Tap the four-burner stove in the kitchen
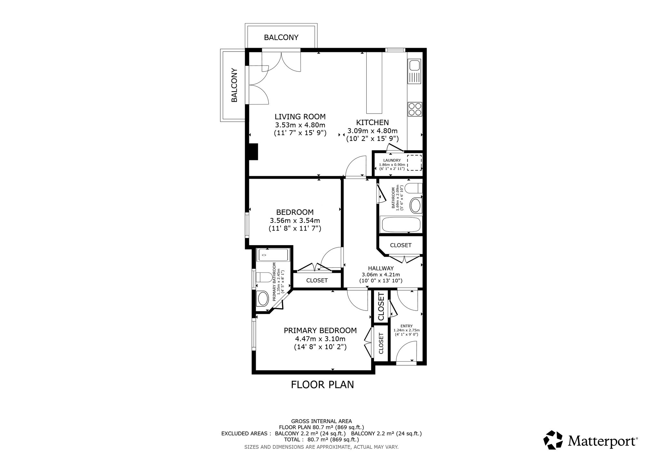point(415,109)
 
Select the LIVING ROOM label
point(300,116)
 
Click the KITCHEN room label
point(372,123)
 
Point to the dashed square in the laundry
point(414,163)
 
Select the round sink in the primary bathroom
point(263,299)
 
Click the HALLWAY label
point(381,268)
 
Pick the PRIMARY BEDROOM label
point(320,331)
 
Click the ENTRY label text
point(406,326)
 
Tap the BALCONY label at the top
point(281,37)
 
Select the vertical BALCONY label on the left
point(234,85)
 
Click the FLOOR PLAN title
point(322,385)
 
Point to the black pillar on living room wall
point(254,152)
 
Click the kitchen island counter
point(374,83)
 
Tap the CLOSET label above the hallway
point(401,245)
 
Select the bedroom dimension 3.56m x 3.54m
point(295,221)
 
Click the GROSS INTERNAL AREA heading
point(322,421)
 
